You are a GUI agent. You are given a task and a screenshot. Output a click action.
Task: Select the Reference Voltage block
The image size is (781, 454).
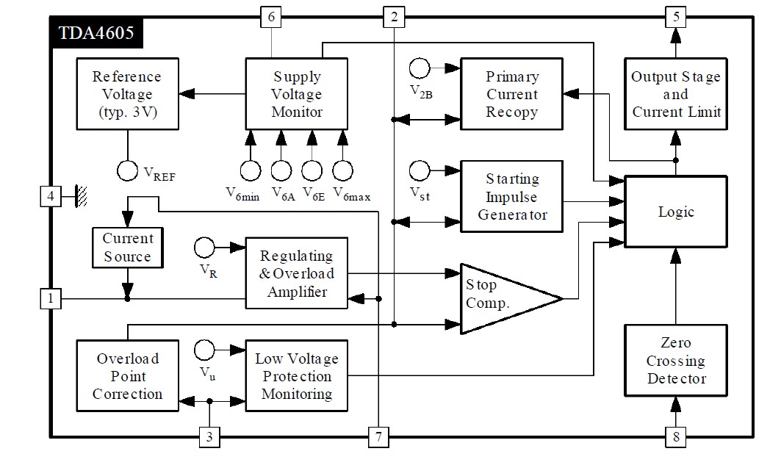(127, 95)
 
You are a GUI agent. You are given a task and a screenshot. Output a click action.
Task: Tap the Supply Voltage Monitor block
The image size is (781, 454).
(297, 95)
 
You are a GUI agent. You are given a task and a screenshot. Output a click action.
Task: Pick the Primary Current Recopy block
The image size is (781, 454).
(511, 95)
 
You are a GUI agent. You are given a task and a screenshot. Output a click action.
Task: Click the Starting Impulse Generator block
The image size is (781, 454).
(511, 197)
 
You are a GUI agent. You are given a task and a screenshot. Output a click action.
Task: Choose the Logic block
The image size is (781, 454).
(675, 212)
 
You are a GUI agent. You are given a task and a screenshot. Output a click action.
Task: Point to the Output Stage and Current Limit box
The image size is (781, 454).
(675, 95)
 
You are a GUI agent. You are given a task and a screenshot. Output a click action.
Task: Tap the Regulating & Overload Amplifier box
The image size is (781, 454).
(297, 273)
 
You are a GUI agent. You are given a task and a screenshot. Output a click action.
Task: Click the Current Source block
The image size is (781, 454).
(127, 248)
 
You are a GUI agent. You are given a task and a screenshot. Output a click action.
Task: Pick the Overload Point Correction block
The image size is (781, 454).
(127, 376)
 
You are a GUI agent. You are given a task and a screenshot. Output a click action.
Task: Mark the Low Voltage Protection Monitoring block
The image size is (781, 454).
(297, 376)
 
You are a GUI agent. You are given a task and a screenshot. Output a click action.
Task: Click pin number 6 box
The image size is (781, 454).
(271, 16)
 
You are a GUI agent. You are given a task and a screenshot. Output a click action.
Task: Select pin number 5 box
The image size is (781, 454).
(675, 16)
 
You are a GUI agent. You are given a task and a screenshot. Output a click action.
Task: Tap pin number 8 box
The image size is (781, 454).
(675, 438)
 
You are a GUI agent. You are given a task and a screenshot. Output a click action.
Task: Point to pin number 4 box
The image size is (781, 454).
(50, 197)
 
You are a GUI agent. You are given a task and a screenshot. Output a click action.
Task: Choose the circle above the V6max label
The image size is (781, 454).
(342, 170)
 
